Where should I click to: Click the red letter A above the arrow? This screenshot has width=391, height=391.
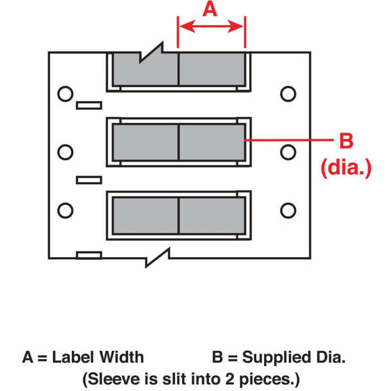[x=210, y=9]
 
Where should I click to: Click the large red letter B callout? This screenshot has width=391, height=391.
[x=346, y=142]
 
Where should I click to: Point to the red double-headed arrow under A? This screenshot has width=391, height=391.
[x=211, y=27]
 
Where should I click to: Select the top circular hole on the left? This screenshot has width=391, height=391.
[x=65, y=93]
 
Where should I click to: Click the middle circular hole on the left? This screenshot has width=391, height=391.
[x=65, y=151]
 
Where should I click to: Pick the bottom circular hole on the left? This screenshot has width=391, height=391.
[x=65, y=210]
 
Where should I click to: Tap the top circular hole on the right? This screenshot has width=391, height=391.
[x=288, y=93]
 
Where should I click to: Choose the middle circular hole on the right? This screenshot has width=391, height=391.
[x=288, y=151]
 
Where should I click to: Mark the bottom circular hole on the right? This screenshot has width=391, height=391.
[x=288, y=210]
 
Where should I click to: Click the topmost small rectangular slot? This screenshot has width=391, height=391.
[x=89, y=105]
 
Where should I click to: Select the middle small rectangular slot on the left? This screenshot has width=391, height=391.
[x=89, y=180]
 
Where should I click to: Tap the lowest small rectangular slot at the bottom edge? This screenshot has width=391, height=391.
[x=89, y=255]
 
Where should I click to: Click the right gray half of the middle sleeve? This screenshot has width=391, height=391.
[x=212, y=142]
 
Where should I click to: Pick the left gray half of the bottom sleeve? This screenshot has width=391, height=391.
[x=145, y=215]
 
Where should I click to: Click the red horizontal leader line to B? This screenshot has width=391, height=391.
[x=287, y=140]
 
